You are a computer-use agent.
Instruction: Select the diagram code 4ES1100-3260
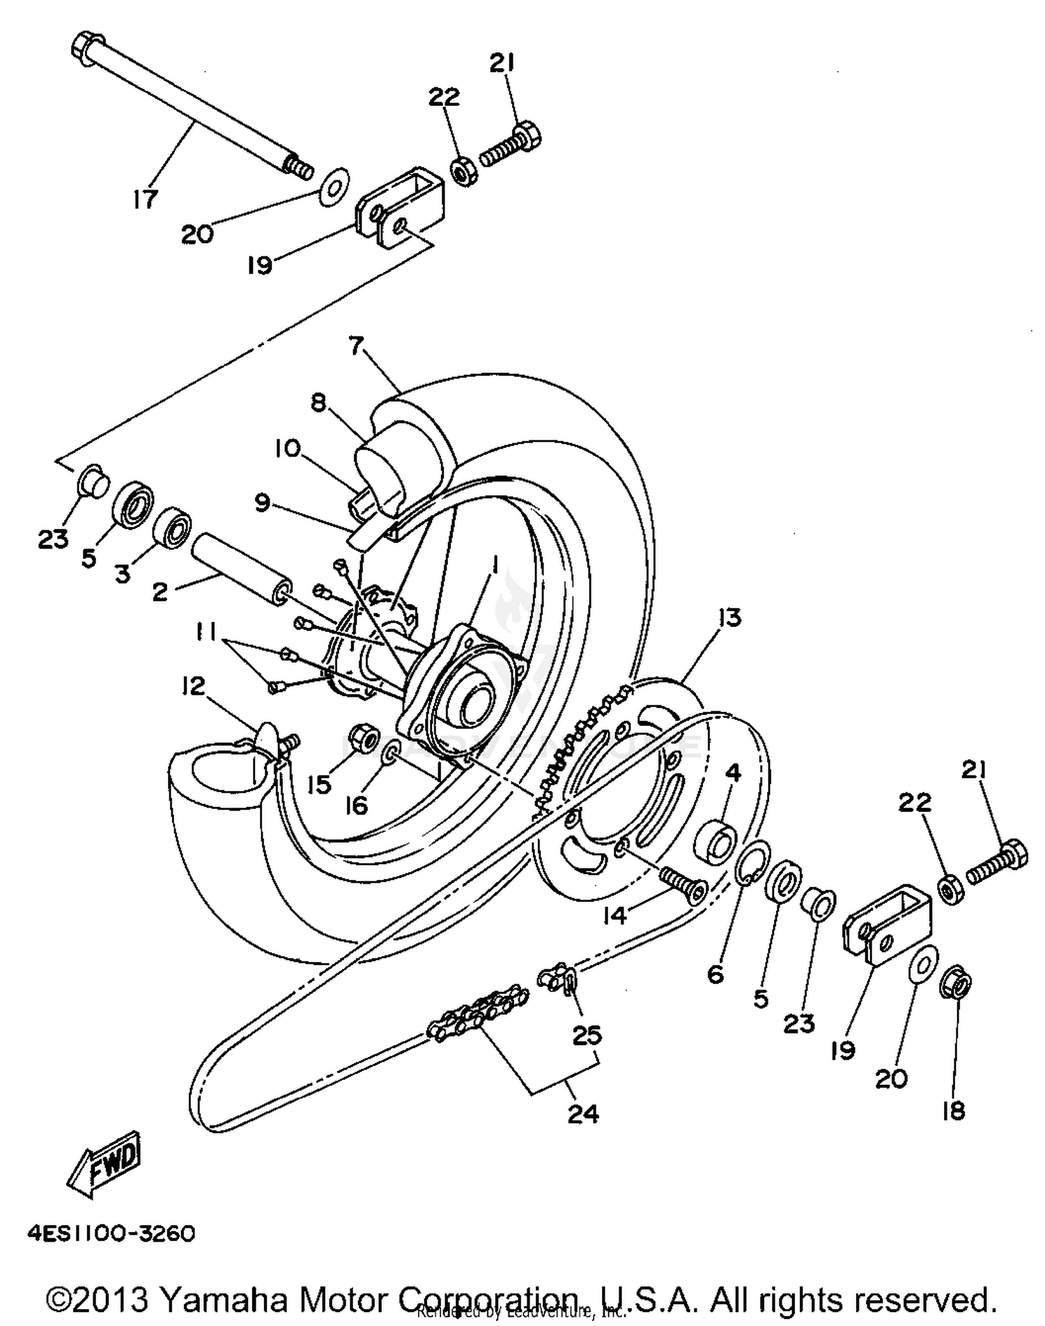111,1234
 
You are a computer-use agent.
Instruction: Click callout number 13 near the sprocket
730,617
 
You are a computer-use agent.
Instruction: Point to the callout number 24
582,1114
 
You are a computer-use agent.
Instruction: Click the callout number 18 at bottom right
954,1110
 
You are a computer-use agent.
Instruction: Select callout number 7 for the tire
357,345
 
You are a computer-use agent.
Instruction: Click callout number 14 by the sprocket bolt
615,916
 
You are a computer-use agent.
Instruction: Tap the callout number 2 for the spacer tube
160,593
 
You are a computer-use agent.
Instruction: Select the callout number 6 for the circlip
715,973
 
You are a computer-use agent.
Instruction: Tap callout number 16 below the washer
356,805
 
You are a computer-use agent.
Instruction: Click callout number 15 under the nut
318,785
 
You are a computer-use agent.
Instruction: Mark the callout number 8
318,402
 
